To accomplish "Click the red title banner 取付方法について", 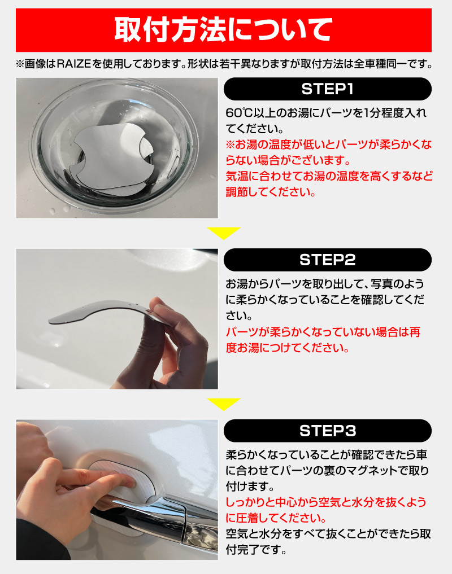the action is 223,30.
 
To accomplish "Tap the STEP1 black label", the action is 327,89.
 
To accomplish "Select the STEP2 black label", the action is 327,260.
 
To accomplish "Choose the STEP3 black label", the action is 327,431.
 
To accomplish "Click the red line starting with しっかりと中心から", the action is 326,502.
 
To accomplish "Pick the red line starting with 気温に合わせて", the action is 329,176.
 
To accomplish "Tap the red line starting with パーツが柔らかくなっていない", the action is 323,332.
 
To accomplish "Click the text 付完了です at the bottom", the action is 256,550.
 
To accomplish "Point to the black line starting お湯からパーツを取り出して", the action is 325,284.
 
